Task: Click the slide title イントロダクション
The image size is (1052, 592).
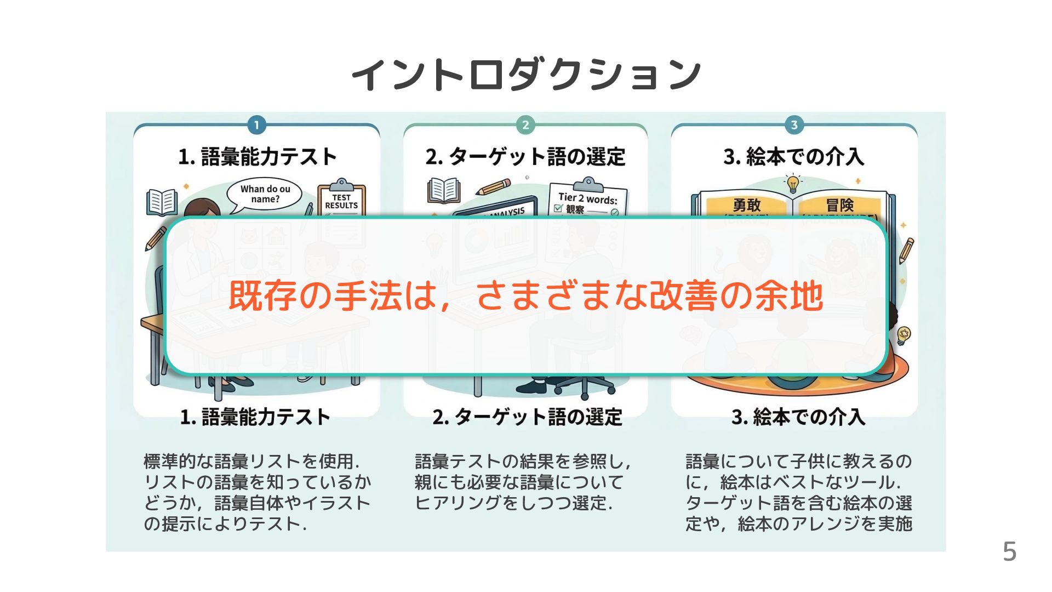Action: (x=526, y=74)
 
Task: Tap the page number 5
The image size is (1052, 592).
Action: (x=1009, y=551)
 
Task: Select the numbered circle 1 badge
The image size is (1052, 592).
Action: (x=256, y=125)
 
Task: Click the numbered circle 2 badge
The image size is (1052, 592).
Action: (x=525, y=125)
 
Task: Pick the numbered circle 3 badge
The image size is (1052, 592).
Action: (x=794, y=125)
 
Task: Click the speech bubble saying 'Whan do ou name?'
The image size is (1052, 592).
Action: (x=265, y=195)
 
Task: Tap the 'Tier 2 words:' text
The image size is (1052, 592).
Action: (x=587, y=198)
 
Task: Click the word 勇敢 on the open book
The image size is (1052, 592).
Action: (x=747, y=205)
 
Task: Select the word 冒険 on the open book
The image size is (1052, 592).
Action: (x=839, y=205)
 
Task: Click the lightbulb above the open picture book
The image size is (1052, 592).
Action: (x=793, y=184)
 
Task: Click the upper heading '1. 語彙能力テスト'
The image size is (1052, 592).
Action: (x=257, y=157)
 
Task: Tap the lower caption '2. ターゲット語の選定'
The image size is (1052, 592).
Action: (x=527, y=417)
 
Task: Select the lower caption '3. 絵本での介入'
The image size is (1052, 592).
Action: (x=798, y=417)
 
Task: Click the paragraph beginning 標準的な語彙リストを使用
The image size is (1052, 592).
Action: (x=256, y=492)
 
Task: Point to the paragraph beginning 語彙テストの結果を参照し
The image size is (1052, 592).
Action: (x=523, y=482)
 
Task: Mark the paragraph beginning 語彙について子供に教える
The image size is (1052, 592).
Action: (x=798, y=492)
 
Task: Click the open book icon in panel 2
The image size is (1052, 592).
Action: (x=444, y=190)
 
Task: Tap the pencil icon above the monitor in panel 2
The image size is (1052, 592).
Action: (x=493, y=187)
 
